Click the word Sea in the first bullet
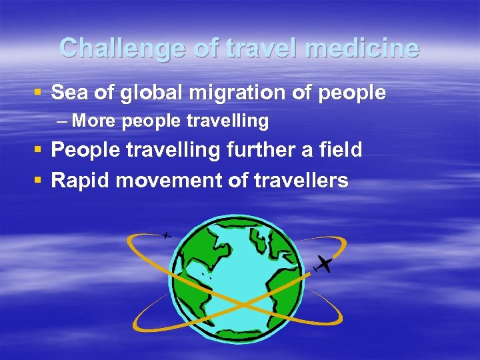(x=69, y=93)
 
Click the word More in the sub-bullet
(x=93, y=121)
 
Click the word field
(x=340, y=150)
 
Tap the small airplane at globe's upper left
(x=166, y=235)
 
